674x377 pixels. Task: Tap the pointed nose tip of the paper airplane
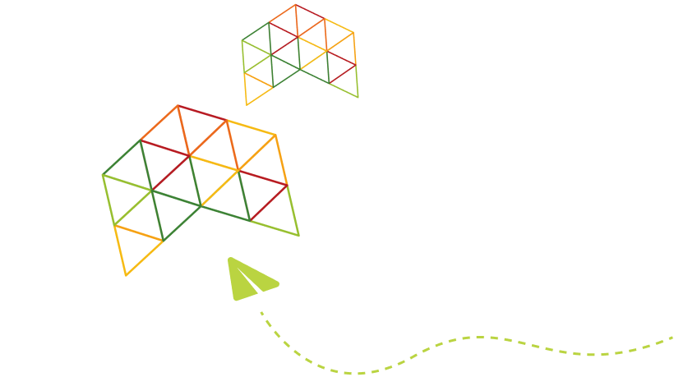(229, 259)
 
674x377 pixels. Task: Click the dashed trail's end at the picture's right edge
(672, 338)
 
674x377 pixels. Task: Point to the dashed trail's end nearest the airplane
(261, 313)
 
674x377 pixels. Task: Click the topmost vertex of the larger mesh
(178, 105)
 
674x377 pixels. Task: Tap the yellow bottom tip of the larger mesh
(126, 275)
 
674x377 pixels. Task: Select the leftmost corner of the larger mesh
(103, 175)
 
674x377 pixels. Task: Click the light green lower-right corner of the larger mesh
(298, 236)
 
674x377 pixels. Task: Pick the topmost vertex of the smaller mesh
(296, 5)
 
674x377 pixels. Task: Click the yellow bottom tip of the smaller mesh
(247, 104)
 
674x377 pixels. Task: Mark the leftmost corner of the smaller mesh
(242, 40)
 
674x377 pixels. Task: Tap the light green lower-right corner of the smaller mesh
(358, 97)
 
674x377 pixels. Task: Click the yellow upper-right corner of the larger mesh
(275, 135)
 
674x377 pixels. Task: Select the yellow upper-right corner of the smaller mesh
(353, 33)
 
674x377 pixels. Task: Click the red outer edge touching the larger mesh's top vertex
(201, 113)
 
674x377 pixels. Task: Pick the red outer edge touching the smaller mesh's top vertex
(310, 11)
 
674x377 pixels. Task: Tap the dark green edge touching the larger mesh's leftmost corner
(122, 158)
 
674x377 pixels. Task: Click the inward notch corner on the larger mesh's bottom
(164, 241)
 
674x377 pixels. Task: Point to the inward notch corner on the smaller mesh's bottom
(273, 86)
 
